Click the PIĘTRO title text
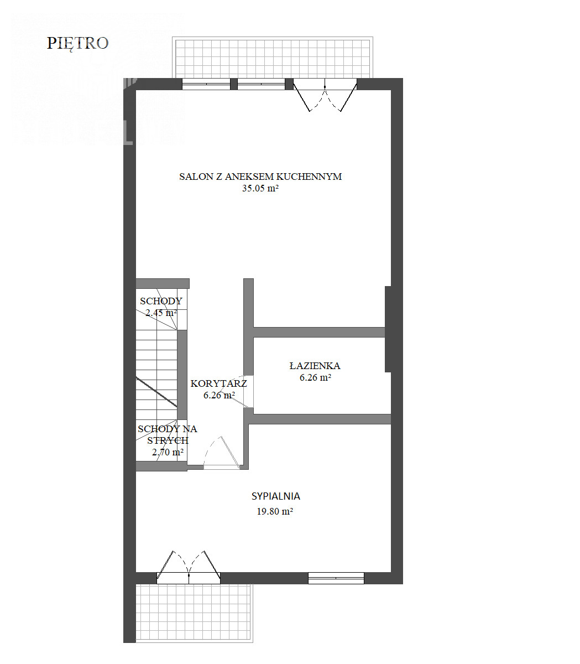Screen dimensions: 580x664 (77, 44)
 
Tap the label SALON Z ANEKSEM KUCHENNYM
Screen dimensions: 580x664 (260, 177)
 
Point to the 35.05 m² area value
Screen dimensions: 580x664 (260, 188)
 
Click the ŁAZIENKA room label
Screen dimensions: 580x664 (315, 366)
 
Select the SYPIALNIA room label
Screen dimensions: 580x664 (276, 496)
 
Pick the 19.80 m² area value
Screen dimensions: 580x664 (275, 511)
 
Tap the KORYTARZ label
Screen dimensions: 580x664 (218, 383)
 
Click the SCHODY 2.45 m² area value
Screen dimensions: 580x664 (161, 313)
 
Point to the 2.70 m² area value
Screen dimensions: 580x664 (168, 452)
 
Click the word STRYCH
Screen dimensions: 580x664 (168, 440)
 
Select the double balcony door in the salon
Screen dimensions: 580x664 (325, 95)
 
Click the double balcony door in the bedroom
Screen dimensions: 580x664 (189, 567)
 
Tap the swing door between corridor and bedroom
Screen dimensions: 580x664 (222, 453)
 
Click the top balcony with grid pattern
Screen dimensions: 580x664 (273, 58)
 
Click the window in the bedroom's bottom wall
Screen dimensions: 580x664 (336, 578)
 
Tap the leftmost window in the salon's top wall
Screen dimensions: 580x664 (206, 84)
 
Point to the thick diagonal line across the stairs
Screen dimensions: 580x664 (156, 392)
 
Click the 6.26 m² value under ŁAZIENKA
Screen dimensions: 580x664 (315, 377)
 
